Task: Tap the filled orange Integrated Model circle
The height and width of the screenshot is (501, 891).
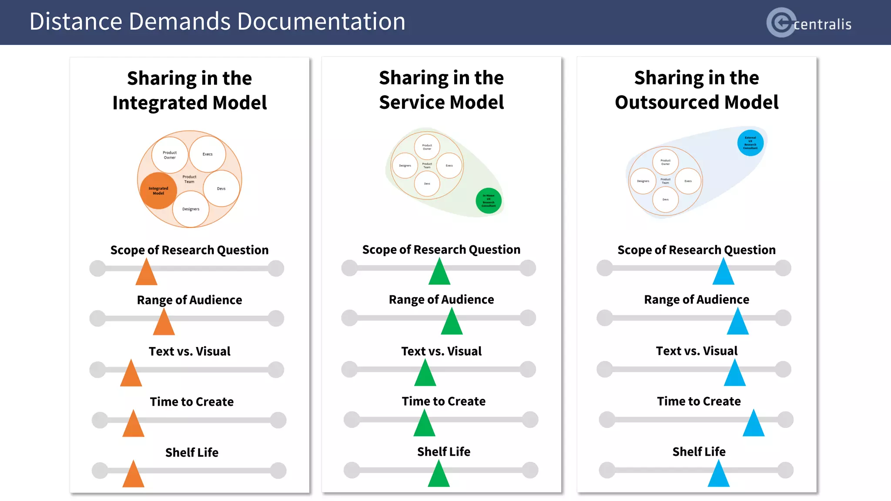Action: [x=158, y=191]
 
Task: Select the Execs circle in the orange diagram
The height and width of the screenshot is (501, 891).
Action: [x=208, y=154]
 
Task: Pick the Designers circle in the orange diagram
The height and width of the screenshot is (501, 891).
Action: [x=191, y=209]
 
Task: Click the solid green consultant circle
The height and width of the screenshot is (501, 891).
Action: [x=489, y=200]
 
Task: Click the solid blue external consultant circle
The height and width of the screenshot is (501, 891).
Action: [x=750, y=143]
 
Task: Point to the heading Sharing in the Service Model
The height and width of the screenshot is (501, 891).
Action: [x=441, y=90]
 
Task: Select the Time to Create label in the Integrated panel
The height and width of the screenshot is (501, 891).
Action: [x=191, y=401]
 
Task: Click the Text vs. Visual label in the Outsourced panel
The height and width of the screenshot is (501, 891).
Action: [x=697, y=351]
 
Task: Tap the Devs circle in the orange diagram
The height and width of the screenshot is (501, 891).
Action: [x=221, y=188]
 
